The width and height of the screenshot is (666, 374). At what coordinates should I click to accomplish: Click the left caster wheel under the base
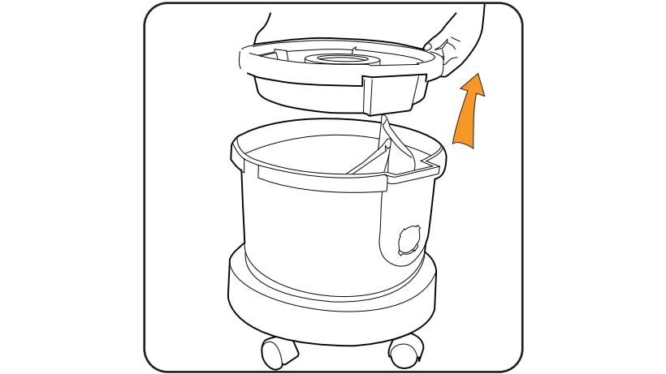(279, 351)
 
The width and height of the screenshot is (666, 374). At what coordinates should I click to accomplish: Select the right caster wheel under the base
(406, 349)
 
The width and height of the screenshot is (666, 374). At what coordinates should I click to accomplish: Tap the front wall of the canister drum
(309, 227)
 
